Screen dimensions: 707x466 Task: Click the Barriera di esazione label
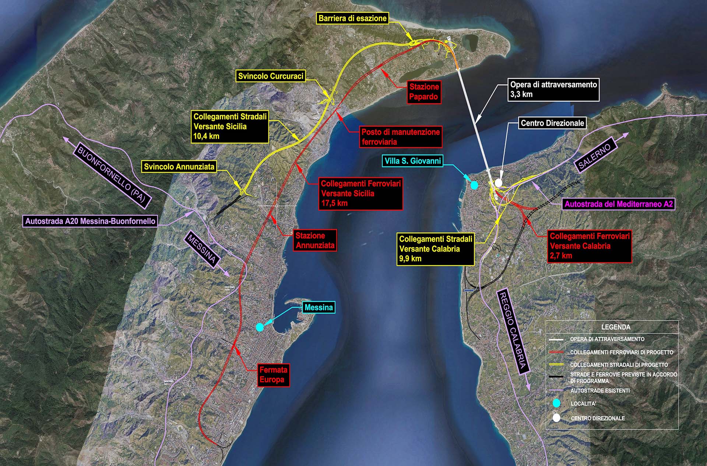tap(352, 18)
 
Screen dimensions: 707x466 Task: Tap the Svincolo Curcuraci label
tap(271, 76)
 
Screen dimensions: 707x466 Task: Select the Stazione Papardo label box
tap(424, 92)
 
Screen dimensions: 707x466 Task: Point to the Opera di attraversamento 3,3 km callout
tap(553, 89)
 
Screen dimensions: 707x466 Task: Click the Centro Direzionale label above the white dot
tap(552, 123)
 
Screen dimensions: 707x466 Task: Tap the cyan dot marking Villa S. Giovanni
tap(474, 185)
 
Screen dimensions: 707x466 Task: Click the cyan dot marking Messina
tap(260, 327)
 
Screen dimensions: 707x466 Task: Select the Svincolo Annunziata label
tap(179, 167)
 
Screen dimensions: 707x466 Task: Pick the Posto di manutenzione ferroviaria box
tap(401, 137)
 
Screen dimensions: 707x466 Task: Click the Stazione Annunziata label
tap(315, 241)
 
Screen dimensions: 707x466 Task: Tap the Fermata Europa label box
tap(274, 375)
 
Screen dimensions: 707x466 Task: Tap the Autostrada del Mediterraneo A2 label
tap(619, 204)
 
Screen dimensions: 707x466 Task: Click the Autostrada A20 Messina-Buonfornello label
tap(90, 221)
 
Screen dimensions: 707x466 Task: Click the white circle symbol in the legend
tap(556, 418)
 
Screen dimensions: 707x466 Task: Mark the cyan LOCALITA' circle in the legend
tap(556, 403)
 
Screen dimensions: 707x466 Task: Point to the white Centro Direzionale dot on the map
tap(498, 183)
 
